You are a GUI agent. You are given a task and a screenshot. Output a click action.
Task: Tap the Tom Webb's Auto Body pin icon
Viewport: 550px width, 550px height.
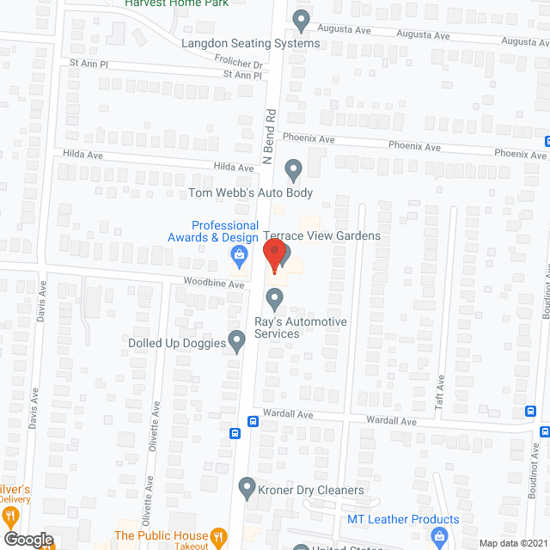(x=293, y=171)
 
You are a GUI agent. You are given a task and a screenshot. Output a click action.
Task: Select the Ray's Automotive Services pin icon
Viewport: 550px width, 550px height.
(x=275, y=299)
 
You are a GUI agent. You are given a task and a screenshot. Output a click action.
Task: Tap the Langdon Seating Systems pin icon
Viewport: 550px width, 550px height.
(x=301, y=20)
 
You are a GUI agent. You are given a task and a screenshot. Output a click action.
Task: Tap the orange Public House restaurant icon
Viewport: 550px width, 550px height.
(x=218, y=537)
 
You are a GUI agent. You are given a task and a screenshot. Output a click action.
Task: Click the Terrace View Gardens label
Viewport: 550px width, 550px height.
(x=321, y=235)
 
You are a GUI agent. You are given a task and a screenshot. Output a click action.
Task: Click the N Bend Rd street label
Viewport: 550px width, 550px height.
(x=269, y=136)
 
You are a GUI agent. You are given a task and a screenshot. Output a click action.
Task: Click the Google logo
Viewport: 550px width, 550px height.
(x=27, y=539)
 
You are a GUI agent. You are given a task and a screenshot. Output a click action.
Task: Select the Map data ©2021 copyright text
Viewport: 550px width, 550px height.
(x=512, y=543)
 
